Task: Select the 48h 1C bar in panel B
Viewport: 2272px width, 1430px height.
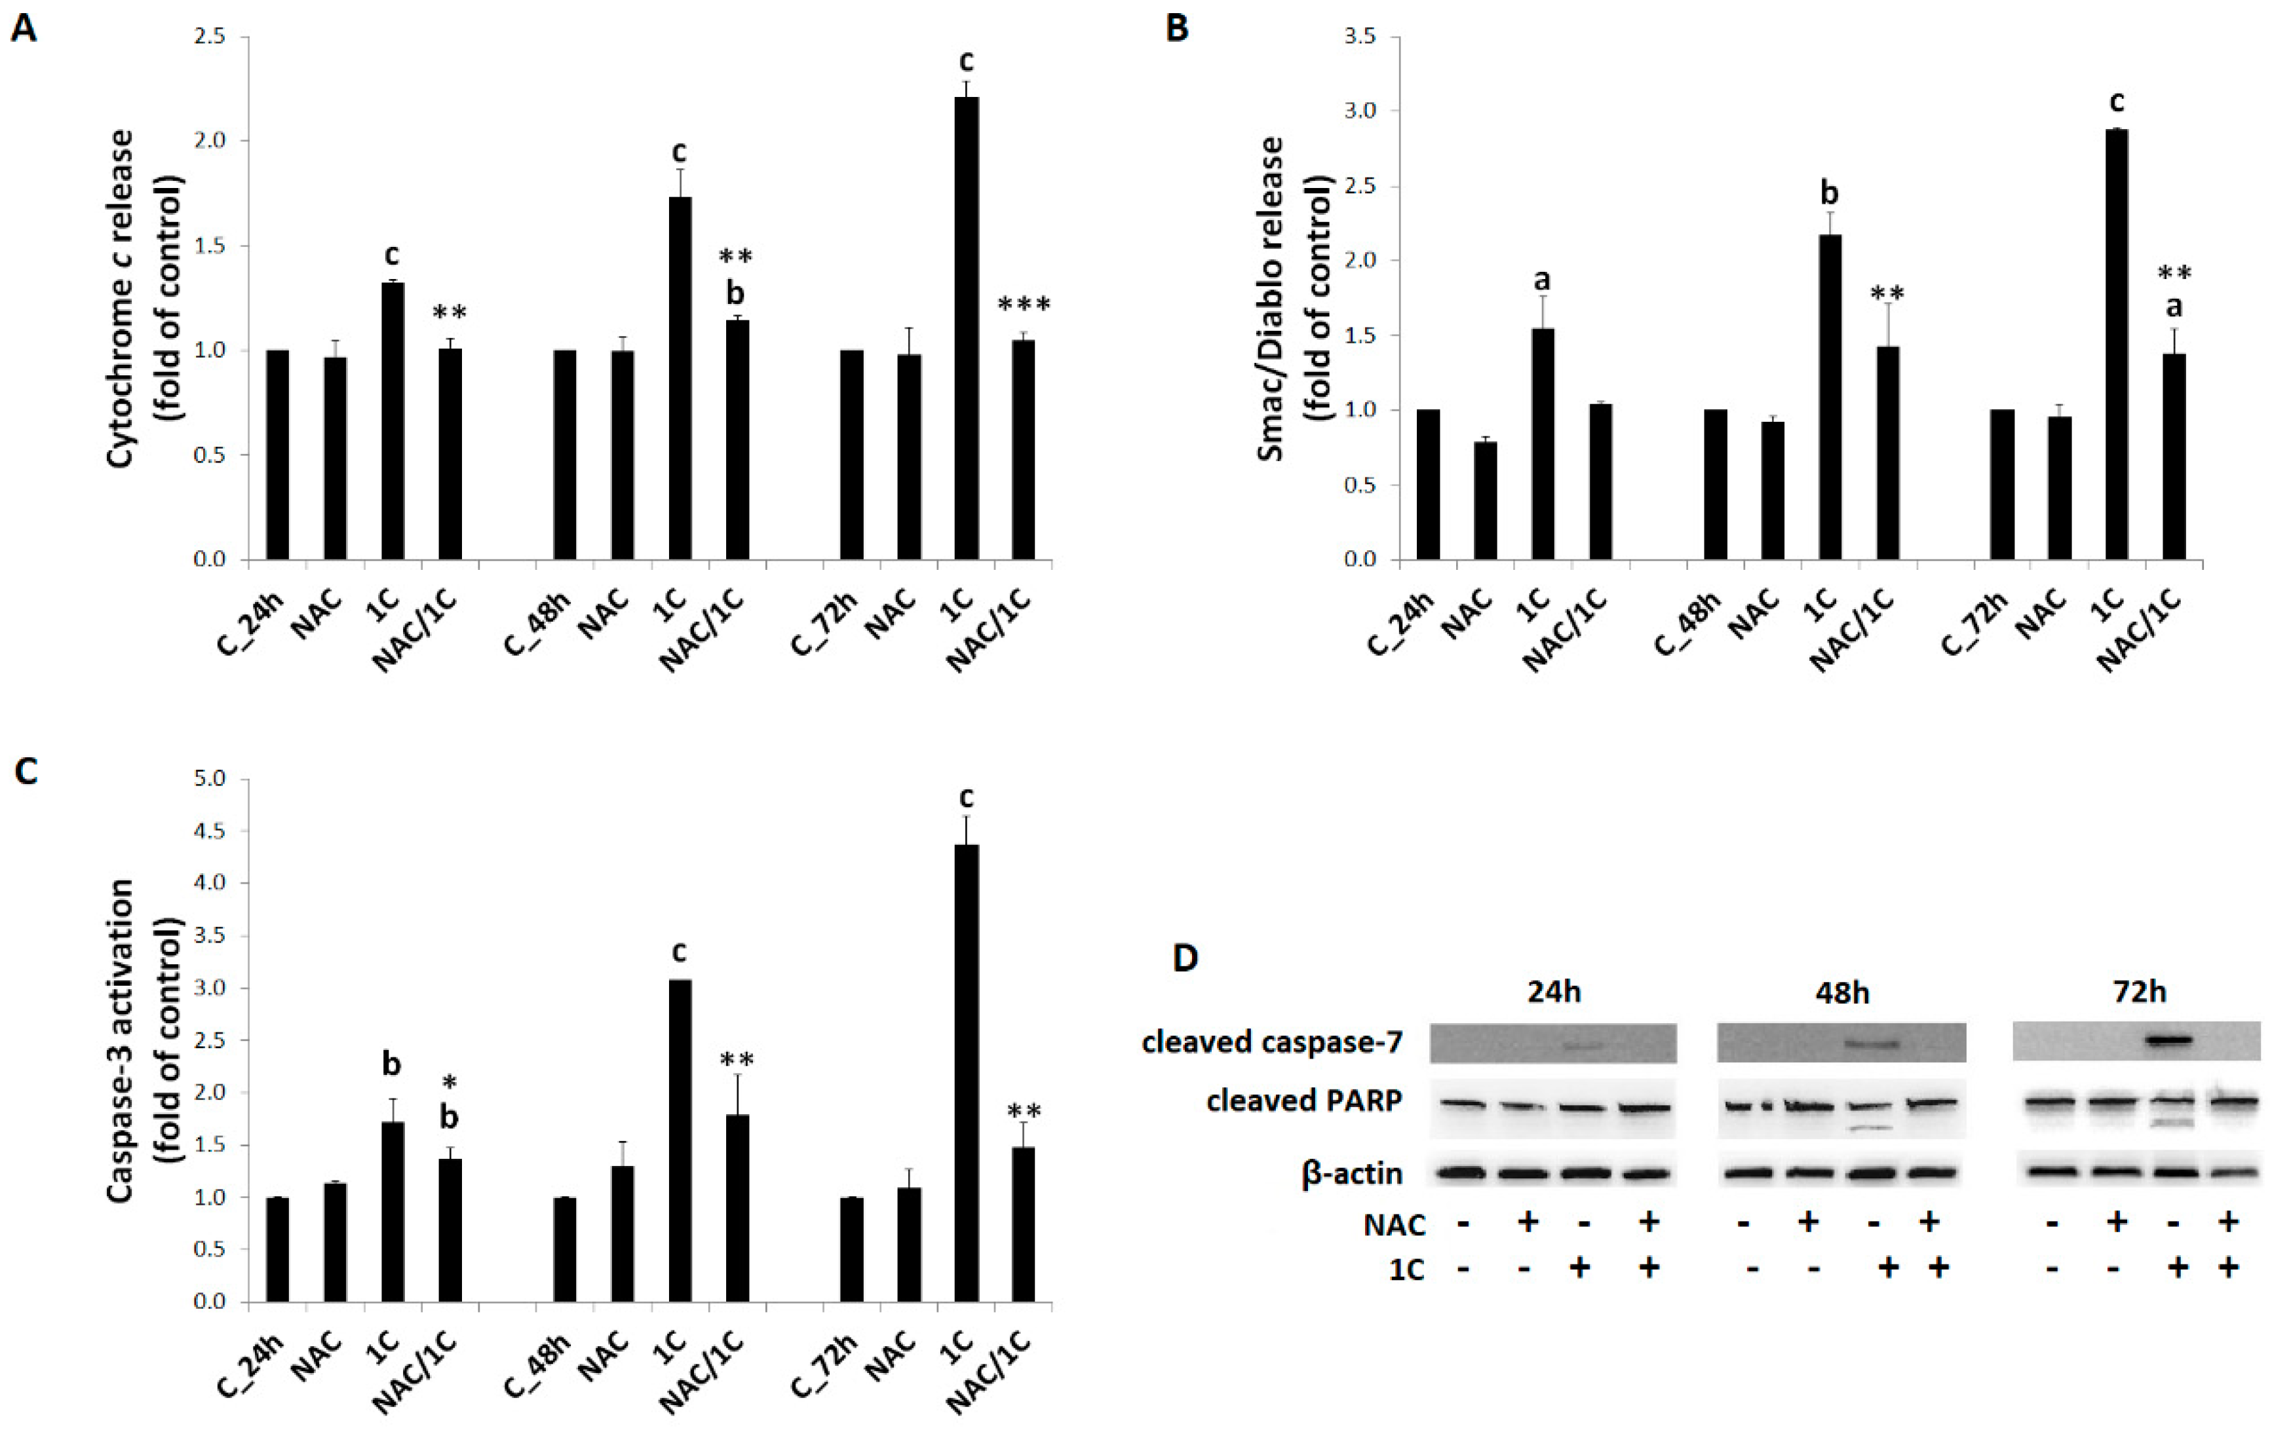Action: tap(1830, 397)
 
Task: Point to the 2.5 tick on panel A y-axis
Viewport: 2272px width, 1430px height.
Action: tap(212, 37)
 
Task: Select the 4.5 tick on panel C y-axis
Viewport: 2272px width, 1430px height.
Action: tap(212, 831)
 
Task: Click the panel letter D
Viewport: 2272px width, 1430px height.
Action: tap(1185, 958)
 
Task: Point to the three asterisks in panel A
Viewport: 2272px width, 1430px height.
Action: tap(1024, 305)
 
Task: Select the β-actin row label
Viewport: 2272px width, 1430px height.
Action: tap(1351, 1173)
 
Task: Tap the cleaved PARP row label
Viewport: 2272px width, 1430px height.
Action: tap(1304, 1101)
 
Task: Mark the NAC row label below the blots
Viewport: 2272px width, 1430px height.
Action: tap(1394, 1224)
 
